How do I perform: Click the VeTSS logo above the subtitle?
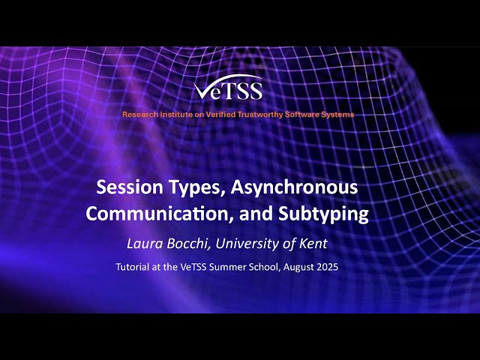pos(229,89)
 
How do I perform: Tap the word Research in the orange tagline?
pos(142,115)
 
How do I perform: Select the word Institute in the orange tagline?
pos(178,115)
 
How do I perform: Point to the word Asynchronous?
pos(289,187)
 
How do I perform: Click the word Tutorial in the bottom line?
pos(133,267)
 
